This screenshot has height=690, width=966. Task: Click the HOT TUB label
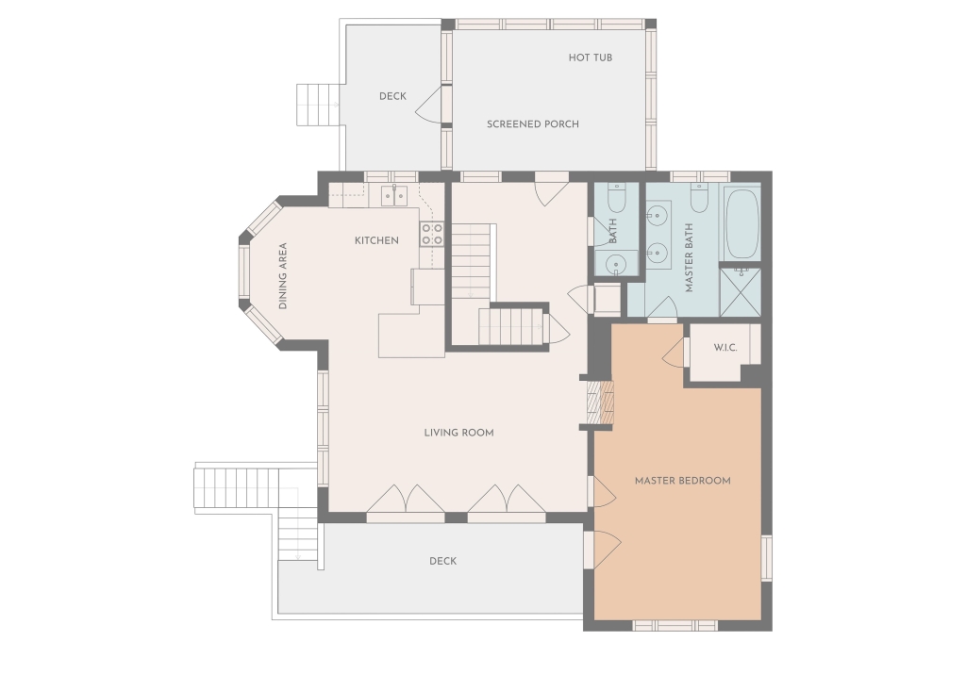click(x=591, y=57)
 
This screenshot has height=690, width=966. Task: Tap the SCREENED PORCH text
click(x=533, y=123)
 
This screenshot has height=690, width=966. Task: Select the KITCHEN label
click(x=376, y=240)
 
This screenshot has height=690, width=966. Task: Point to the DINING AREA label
click(x=283, y=276)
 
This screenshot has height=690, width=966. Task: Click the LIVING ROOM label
click(x=459, y=433)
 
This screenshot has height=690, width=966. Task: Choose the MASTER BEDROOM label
click(x=683, y=480)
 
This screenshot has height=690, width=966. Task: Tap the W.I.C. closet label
click(x=725, y=348)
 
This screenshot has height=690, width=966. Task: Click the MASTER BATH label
click(x=689, y=257)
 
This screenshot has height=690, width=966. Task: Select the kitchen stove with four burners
click(x=432, y=234)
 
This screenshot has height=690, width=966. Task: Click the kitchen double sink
click(x=393, y=195)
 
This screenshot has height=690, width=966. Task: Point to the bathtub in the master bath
click(x=742, y=224)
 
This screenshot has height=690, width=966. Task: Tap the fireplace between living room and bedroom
click(x=599, y=402)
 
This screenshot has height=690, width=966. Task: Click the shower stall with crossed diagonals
click(x=740, y=292)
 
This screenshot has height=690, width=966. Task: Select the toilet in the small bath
click(x=617, y=197)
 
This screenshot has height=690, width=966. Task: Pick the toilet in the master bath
click(x=699, y=197)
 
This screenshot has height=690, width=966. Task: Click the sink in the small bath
click(x=615, y=265)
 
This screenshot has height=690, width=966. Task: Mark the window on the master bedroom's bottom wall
click(x=675, y=625)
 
